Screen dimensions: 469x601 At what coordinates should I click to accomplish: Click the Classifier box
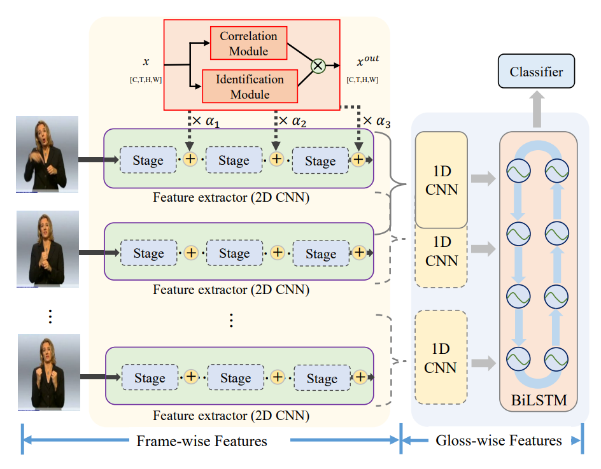click(x=536, y=72)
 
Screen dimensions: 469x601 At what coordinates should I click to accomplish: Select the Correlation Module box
click(x=248, y=43)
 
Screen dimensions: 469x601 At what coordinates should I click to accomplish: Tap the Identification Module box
click(x=250, y=87)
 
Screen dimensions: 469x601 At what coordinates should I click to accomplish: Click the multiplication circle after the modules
click(x=318, y=65)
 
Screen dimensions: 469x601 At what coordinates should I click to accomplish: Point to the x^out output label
click(x=367, y=62)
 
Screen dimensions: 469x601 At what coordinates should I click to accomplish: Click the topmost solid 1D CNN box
click(x=442, y=180)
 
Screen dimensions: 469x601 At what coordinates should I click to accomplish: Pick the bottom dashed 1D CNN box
click(x=441, y=358)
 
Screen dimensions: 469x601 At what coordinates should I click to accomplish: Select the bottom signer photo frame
click(x=48, y=372)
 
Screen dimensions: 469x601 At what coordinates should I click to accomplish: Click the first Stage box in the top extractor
click(x=148, y=161)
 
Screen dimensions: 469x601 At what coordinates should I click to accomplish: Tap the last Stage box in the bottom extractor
click(x=322, y=379)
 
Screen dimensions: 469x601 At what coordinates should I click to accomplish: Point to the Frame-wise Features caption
click(x=201, y=441)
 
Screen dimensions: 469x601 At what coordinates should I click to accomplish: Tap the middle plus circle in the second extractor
click(x=277, y=253)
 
